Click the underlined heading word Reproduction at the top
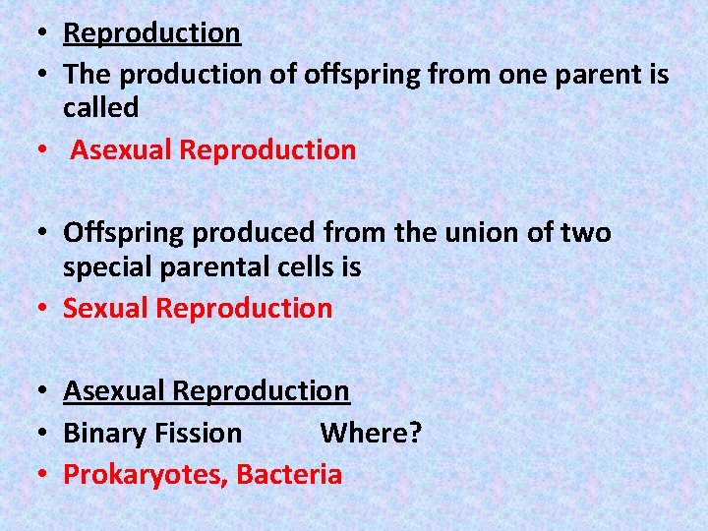point(151,33)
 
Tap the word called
point(100,108)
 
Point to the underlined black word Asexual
point(114,391)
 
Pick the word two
point(586,233)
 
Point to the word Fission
point(197,434)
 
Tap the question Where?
point(371,434)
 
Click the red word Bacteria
point(289,476)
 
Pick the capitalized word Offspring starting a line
point(124,234)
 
